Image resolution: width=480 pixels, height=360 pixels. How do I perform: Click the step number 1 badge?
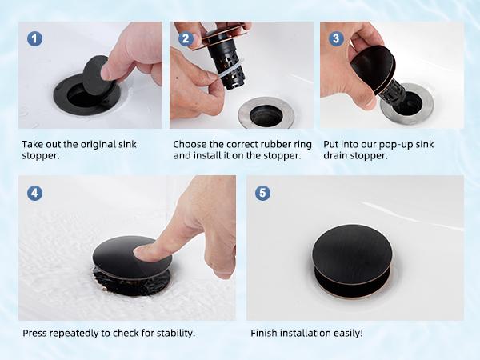[x=34, y=38]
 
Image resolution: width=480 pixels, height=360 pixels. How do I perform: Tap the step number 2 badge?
[x=186, y=38]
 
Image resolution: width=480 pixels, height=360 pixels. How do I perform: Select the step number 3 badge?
[x=336, y=38]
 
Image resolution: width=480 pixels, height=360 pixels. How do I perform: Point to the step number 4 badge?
[x=34, y=193]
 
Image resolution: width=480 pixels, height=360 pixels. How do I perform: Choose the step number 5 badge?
[x=262, y=193]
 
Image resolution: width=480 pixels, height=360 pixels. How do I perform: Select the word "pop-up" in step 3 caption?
[x=395, y=145]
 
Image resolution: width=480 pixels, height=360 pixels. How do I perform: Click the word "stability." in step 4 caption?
[x=176, y=333]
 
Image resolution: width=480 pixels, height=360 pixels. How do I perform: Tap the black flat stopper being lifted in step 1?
[x=96, y=75]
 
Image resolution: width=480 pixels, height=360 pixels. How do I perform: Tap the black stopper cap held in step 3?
[x=372, y=70]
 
